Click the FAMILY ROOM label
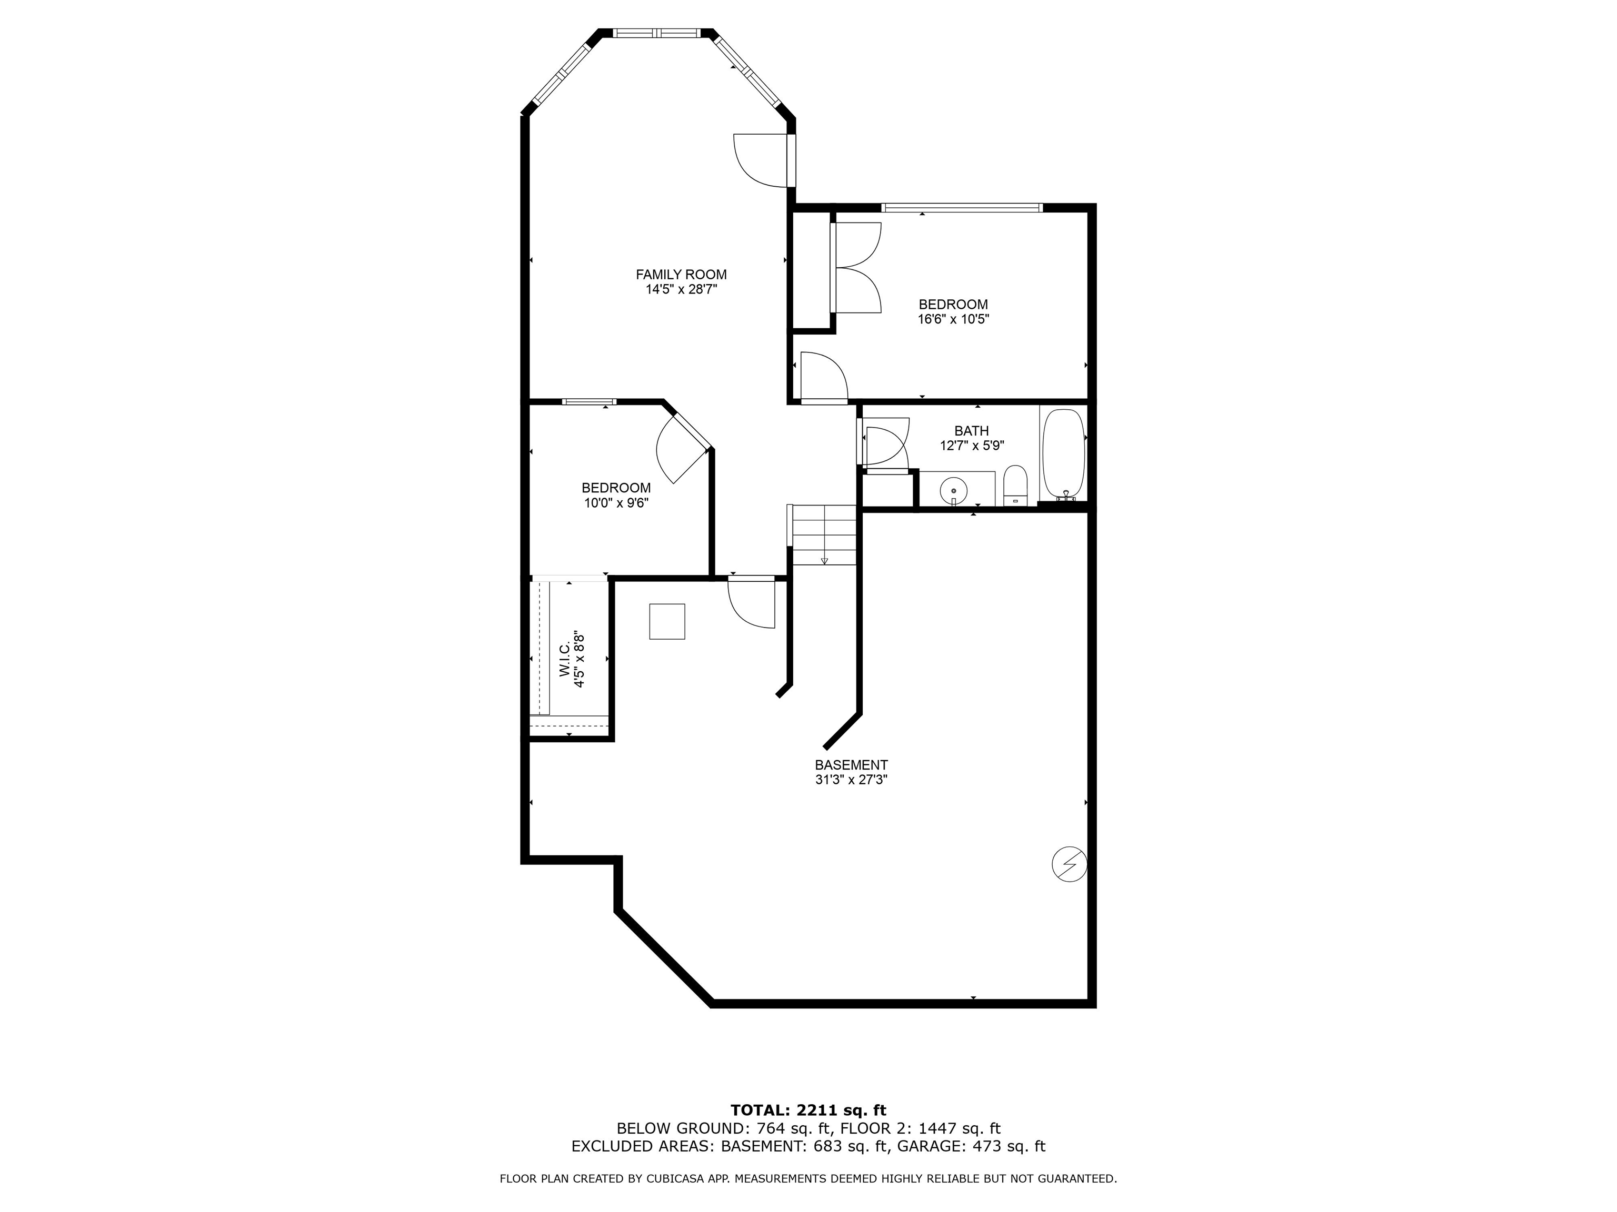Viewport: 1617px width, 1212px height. (x=681, y=275)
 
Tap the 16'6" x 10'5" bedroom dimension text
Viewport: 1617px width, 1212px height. (x=953, y=319)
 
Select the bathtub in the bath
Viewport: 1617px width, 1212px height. (x=1063, y=453)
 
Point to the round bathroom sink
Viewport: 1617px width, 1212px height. (x=954, y=488)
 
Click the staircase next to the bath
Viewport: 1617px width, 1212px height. (x=824, y=535)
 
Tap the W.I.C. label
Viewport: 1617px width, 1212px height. (x=565, y=660)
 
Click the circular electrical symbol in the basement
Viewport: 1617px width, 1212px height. (x=1069, y=865)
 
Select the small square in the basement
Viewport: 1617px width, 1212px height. (x=667, y=622)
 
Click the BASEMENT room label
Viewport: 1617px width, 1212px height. (x=851, y=765)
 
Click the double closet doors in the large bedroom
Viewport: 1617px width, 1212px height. (x=857, y=268)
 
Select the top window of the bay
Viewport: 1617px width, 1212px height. (x=656, y=33)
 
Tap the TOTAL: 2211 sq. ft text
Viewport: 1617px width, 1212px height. (x=808, y=1110)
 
